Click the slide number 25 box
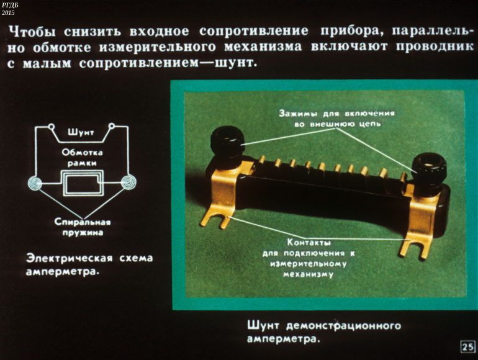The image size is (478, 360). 467,346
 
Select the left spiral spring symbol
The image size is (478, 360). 35,183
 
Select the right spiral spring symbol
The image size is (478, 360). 129,182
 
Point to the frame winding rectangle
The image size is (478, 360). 83,183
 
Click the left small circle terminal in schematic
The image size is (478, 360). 52,126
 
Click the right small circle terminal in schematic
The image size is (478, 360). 112,125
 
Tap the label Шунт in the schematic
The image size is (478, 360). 81,133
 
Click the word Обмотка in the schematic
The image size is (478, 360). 82,153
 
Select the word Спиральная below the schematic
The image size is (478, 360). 83,222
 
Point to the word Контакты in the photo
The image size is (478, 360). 309,243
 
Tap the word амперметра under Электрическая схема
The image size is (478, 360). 62,272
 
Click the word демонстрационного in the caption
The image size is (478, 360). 343,326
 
